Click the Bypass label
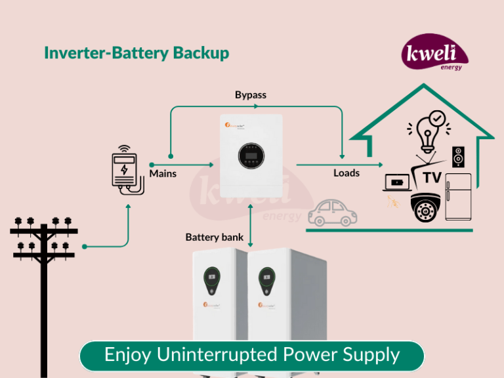(x=251, y=95)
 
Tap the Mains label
(x=163, y=174)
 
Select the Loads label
(x=346, y=173)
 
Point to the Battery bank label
(x=215, y=237)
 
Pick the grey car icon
(x=333, y=211)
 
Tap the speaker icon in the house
(x=459, y=156)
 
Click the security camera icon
(x=425, y=207)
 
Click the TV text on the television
(x=431, y=178)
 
